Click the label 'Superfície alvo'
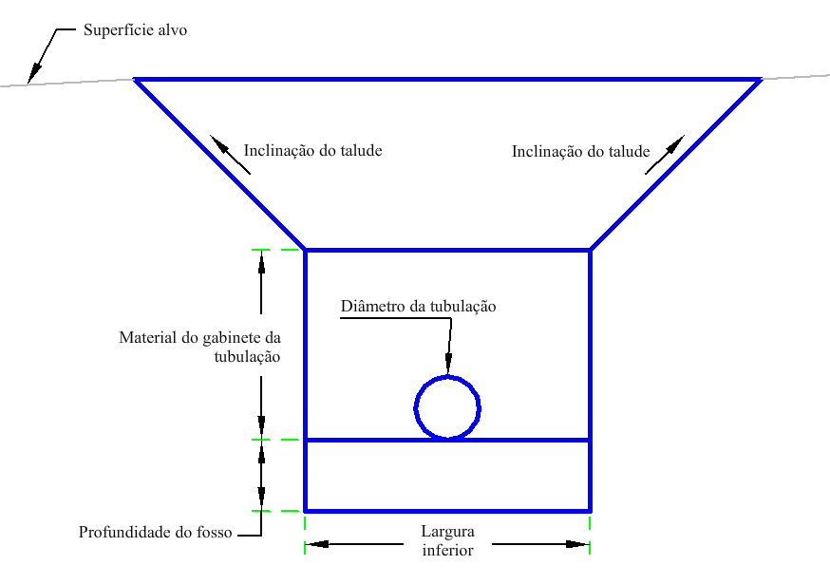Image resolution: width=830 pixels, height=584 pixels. click(135, 30)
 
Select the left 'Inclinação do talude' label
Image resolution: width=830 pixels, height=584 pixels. click(312, 150)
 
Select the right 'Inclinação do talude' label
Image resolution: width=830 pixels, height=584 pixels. click(580, 151)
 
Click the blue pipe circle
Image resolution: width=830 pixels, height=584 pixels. click(447, 407)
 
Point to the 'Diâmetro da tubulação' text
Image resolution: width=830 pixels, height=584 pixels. click(419, 307)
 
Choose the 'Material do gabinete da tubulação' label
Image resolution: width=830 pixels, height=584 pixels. click(199, 347)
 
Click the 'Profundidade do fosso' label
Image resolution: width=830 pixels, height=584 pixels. click(155, 533)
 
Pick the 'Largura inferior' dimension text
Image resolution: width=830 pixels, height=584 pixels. click(447, 540)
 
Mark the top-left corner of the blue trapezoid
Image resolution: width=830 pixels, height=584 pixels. click(136, 80)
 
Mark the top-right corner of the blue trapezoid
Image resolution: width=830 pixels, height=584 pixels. click(760, 80)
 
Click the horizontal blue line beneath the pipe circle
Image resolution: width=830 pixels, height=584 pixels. click(532, 440)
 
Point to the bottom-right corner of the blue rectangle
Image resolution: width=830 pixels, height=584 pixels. click(590, 510)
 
